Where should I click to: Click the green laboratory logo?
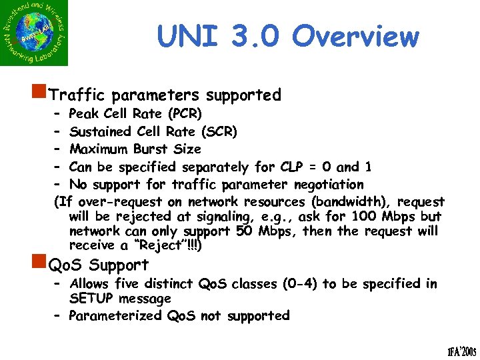35,33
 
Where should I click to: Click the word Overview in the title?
355,37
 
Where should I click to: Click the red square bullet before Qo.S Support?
43,265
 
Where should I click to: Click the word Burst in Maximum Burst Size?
154,149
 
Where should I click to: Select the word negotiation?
321,185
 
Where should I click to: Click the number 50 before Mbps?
244,231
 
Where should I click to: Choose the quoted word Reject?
155,246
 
